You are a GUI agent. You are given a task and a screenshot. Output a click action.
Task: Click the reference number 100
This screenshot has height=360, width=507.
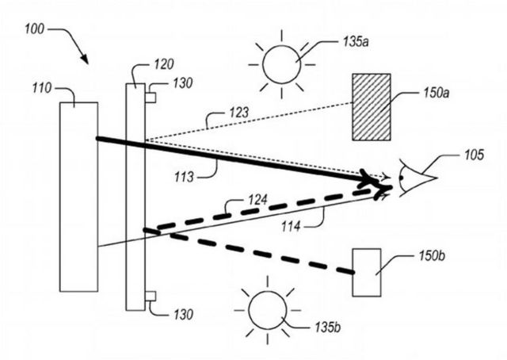coord(34,29)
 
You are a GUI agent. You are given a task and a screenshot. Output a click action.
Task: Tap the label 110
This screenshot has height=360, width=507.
coord(42,88)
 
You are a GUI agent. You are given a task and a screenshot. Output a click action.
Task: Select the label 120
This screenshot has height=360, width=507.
coord(164,64)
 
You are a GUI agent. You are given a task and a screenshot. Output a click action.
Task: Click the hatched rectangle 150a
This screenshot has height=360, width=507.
coord(372,107)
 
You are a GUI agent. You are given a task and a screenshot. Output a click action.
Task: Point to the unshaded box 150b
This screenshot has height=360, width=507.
coord(366,272)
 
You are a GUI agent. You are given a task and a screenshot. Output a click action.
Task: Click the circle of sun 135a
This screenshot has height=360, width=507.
coord(282,64)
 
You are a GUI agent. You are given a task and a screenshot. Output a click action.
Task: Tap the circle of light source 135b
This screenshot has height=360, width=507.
coord(268,310)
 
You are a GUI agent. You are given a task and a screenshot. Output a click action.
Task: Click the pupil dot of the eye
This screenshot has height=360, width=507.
coord(401,178)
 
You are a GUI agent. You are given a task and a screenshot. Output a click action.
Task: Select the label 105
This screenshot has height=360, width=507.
coord(474,155)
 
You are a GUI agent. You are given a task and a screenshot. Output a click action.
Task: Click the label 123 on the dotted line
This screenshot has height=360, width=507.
coord(239,113)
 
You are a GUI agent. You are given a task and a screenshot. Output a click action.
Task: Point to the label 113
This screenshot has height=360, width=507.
coord(184,177)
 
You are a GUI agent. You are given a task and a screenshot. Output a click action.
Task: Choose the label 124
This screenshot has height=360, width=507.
coord(257,200)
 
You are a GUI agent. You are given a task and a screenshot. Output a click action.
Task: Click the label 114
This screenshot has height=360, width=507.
coord(291,226)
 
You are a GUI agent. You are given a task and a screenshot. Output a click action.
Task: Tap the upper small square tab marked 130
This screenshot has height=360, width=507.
coord(151,98)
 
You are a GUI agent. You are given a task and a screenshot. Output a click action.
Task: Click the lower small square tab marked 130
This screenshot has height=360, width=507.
coord(151,297)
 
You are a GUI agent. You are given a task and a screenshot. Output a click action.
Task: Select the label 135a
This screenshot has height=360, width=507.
coord(356,42)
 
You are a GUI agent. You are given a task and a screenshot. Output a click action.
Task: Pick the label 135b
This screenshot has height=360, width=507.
coord(327,327)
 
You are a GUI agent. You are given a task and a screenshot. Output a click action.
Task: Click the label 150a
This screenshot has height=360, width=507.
coord(436,93)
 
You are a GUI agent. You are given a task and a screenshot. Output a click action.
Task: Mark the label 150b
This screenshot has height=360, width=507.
coord(433,256)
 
